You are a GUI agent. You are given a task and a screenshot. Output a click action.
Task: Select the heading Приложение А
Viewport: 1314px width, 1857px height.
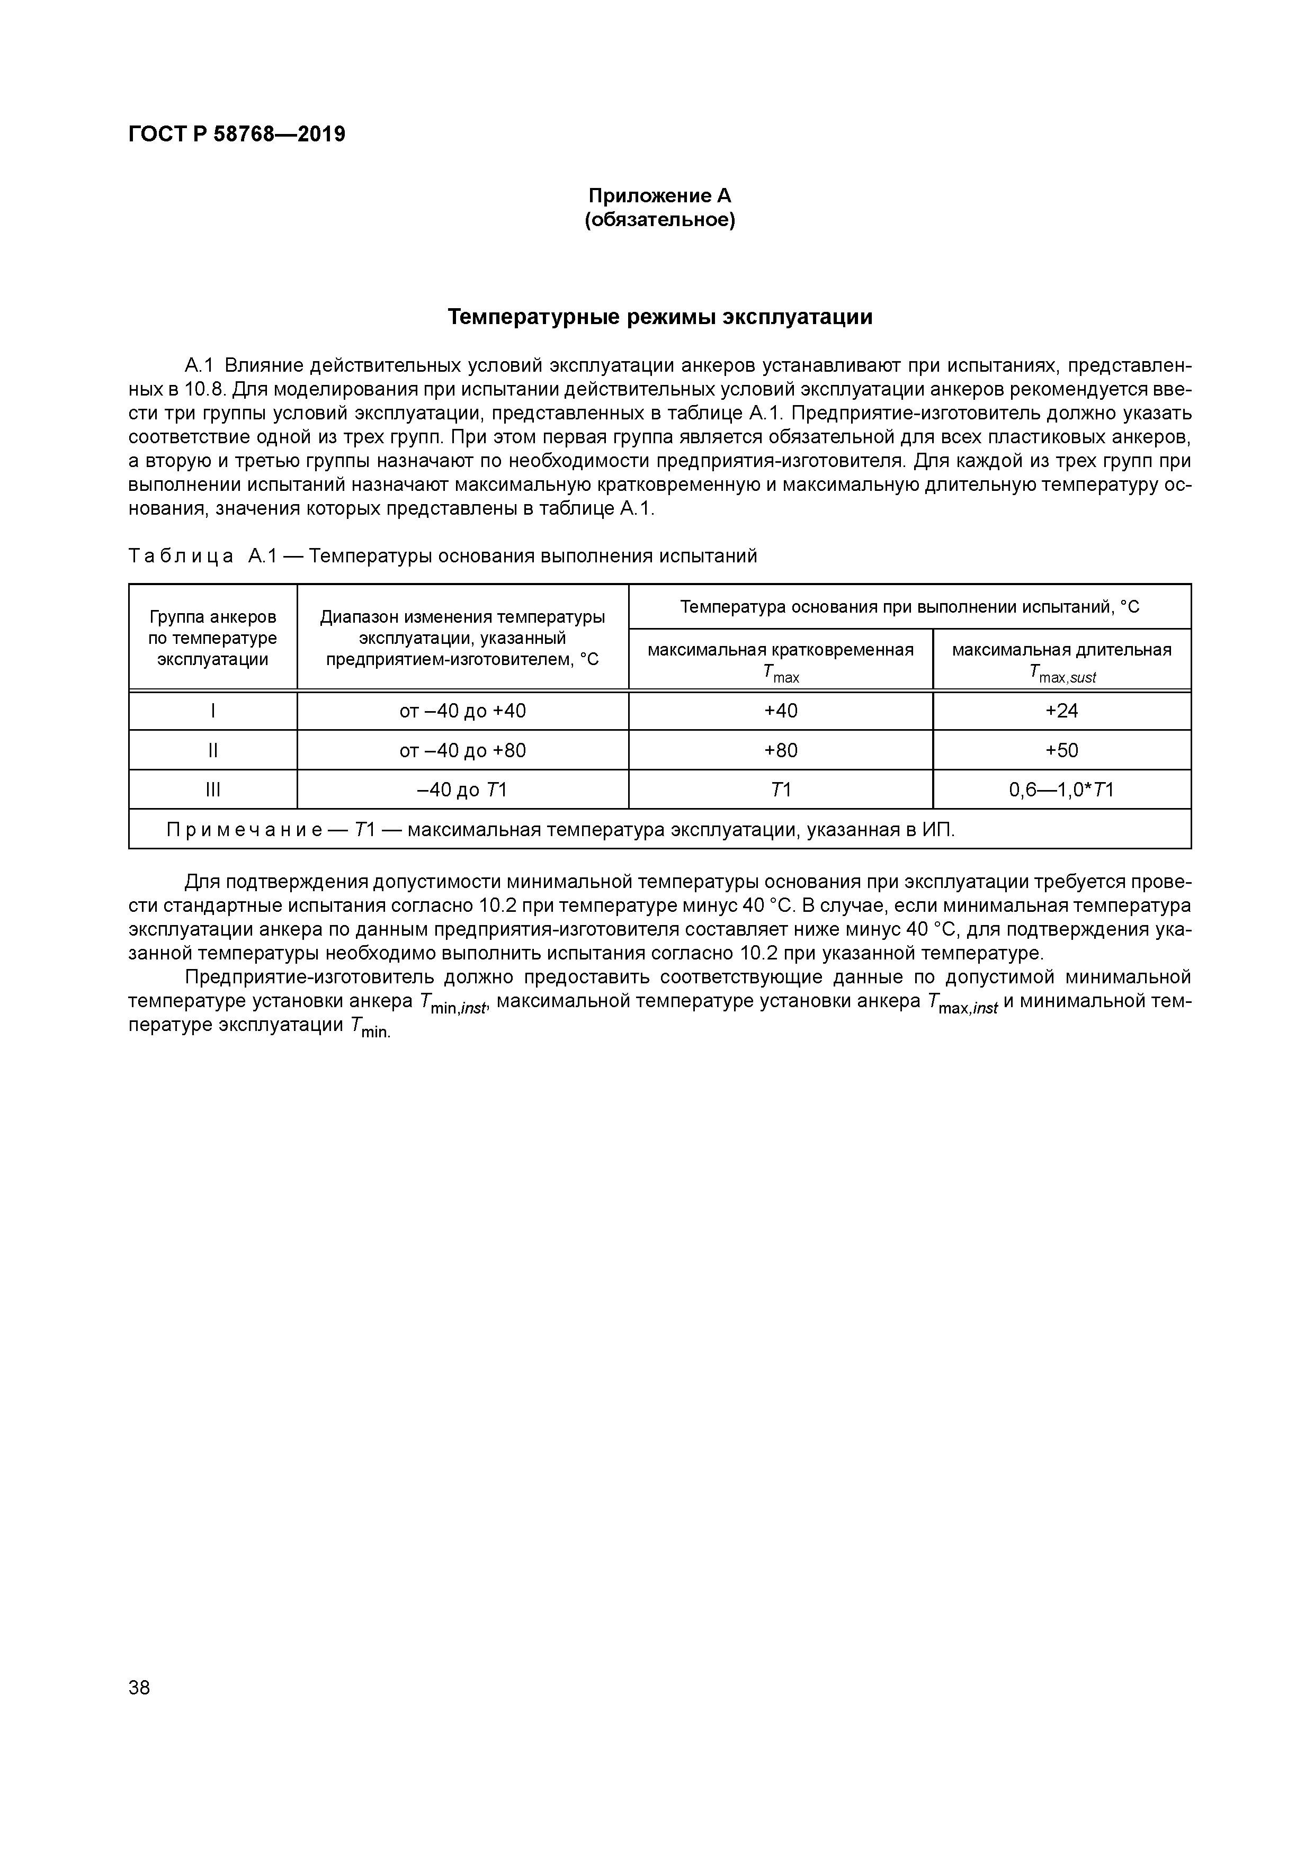tap(659, 196)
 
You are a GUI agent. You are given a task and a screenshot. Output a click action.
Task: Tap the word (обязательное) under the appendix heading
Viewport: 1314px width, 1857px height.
tap(659, 220)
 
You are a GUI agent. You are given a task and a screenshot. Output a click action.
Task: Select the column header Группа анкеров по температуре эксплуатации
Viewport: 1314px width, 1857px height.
tap(213, 638)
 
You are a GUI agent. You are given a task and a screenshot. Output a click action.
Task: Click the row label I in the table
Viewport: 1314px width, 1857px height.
tap(213, 711)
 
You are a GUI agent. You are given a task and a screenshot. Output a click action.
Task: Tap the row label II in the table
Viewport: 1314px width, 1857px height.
tap(213, 750)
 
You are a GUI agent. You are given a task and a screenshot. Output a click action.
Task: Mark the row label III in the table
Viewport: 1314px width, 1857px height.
tap(213, 790)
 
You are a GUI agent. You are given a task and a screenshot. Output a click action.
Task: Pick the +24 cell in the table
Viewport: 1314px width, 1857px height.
tap(1061, 711)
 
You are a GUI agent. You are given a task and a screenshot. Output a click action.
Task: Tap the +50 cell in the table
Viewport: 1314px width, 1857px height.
tap(1061, 750)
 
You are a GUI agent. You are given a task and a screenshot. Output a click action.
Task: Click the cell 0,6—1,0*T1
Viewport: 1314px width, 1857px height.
tap(1061, 790)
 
